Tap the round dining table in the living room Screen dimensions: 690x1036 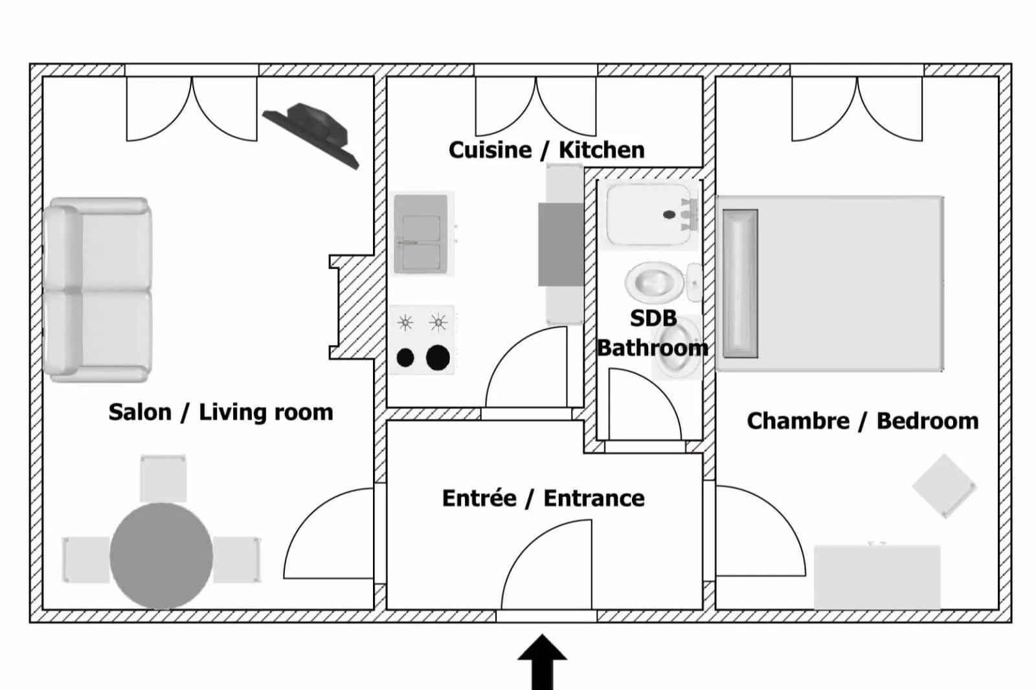(161, 555)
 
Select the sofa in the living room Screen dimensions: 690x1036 (98, 289)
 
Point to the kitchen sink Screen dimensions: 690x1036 (421, 233)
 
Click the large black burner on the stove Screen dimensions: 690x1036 (438, 357)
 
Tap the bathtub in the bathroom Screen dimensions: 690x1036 (649, 214)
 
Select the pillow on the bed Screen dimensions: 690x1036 (739, 283)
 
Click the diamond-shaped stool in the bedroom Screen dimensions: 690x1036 (944, 486)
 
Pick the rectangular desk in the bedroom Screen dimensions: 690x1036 (877, 577)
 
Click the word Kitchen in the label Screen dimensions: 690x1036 (602, 150)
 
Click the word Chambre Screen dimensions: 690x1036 (798, 421)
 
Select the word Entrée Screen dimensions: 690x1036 (479, 498)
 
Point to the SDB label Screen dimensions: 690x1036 (653, 318)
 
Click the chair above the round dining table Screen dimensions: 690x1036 (163, 479)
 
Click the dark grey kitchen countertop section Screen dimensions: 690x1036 (561, 244)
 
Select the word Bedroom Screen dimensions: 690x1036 (927, 421)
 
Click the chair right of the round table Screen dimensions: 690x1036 (237, 559)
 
